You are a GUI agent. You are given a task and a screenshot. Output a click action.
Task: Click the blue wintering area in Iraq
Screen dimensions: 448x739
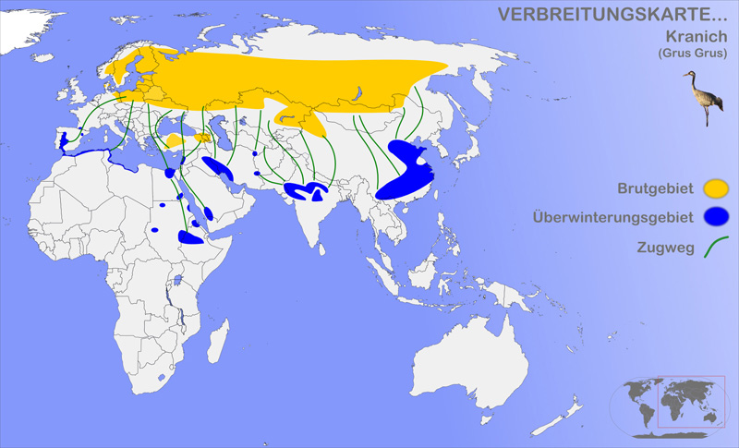(x=218, y=168)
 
